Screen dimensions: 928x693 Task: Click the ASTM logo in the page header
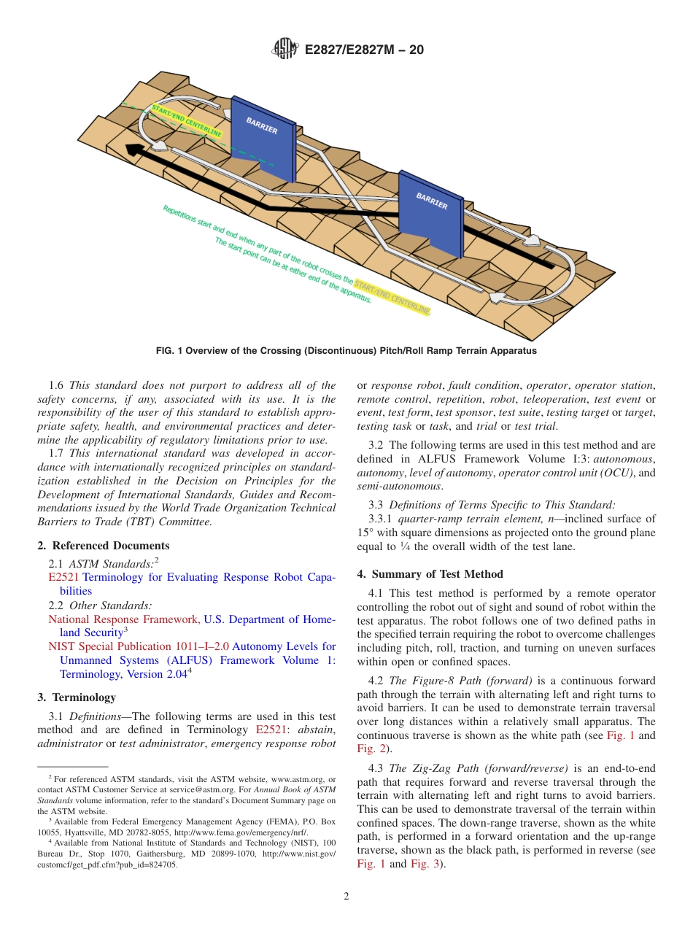(285, 49)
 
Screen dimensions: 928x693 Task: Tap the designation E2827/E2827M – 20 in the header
(363, 50)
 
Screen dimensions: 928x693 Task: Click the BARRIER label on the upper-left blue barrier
(261, 125)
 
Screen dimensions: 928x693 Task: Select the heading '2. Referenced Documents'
(103, 546)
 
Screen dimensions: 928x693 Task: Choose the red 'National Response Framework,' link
(124, 619)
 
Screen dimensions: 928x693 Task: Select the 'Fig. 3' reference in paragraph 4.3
(425, 864)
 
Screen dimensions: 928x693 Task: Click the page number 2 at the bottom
(346, 897)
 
